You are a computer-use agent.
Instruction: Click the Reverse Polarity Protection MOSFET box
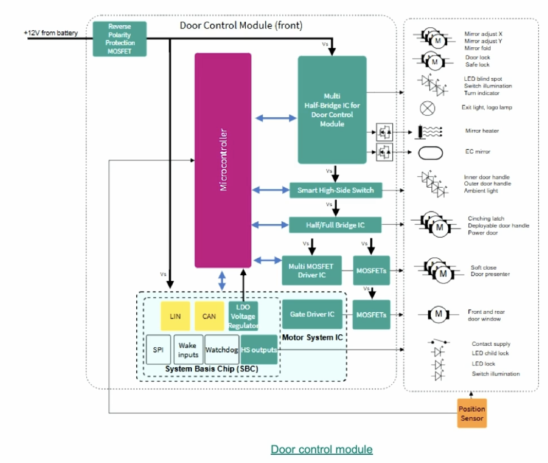[x=119, y=39]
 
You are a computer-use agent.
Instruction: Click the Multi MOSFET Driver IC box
[x=312, y=270]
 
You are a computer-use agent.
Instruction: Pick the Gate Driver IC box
[x=312, y=314]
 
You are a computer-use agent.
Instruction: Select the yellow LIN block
[x=175, y=316]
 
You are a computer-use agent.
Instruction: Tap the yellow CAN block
[x=209, y=316]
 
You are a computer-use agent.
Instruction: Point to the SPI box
[x=158, y=350]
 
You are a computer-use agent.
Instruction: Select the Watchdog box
[x=222, y=350]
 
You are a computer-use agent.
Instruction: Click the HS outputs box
[x=259, y=350]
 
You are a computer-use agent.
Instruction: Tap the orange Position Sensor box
[x=471, y=414]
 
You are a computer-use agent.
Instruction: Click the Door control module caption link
[x=321, y=449]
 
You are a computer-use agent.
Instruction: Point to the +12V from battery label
[x=50, y=33]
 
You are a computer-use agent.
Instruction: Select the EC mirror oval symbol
[x=431, y=152]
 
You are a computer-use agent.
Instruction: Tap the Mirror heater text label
[x=482, y=131]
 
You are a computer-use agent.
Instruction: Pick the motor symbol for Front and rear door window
[x=439, y=313]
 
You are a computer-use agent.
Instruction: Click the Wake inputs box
[x=188, y=350]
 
